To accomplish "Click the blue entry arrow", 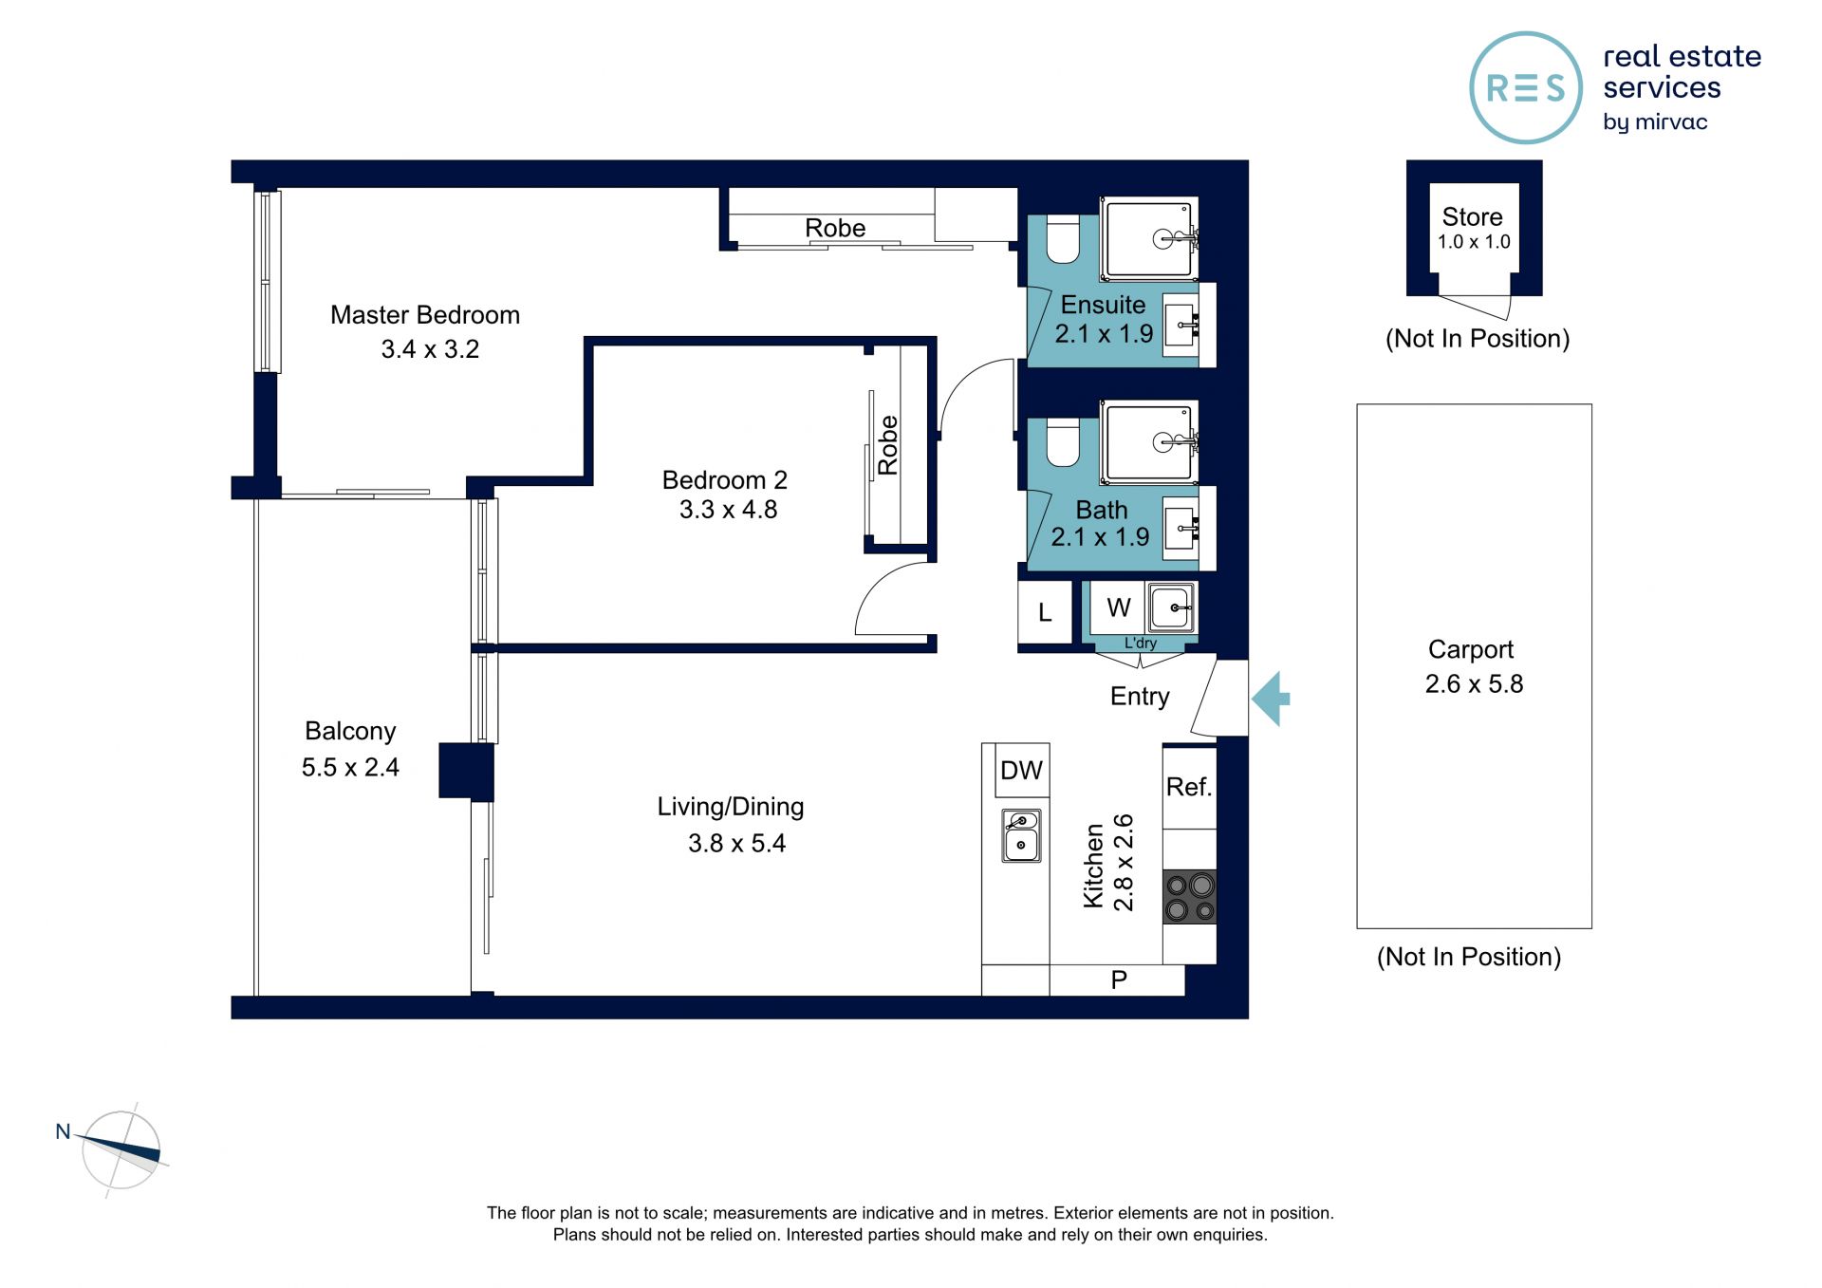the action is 1272,699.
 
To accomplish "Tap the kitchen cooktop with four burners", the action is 1190,897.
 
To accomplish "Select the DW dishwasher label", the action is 1021,771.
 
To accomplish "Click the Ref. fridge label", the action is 1189,787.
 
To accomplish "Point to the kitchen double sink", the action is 1021,835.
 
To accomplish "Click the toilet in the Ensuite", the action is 1063,239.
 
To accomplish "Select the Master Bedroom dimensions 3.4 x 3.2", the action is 430,349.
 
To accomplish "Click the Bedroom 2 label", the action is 725,480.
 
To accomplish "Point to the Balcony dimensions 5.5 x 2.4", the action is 350,767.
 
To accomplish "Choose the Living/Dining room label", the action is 731,807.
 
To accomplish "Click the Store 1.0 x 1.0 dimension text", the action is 1474,242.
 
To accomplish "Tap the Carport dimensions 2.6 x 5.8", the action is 1474,683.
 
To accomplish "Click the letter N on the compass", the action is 64,1131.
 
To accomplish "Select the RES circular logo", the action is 1526,87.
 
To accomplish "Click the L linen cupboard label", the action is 1045,613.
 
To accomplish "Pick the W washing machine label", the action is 1119,607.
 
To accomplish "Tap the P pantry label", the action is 1119,980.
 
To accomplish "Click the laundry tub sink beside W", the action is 1171,607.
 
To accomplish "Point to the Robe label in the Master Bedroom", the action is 835,229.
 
